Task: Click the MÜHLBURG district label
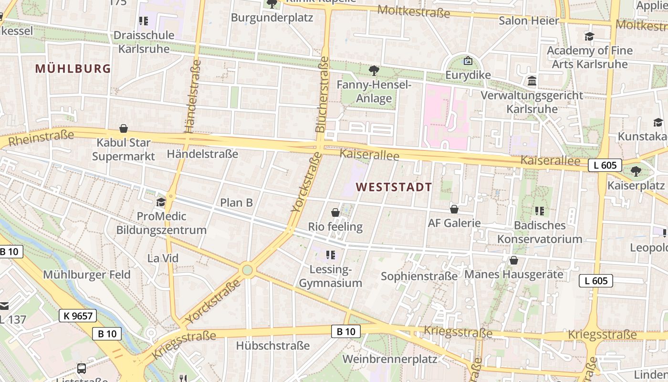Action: click(73, 69)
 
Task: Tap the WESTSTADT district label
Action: click(394, 187)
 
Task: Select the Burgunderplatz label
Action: click(272, 18)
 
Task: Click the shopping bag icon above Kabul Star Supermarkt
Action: click(124, 128)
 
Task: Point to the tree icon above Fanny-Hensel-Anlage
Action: click(374, 71)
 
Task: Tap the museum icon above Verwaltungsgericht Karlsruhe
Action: click(532, 81)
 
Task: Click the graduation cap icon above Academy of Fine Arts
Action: click(590, 36)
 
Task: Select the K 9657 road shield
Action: click(78, 315)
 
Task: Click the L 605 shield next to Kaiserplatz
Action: click(605, 165)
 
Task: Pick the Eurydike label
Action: click(468, 75)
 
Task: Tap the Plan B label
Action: click(236, 202)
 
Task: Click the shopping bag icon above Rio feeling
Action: click(335, 212)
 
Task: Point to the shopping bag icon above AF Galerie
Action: click(454, 209)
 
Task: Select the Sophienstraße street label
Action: click(419, 276)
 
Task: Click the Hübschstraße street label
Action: click(273, 345)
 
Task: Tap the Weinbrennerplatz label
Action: click(390, 359)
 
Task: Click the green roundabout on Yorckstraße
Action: click(247, 270)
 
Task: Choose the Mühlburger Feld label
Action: click(86, 275)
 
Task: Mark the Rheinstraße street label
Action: click(42, 138)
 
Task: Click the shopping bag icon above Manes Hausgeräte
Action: click(514, 260)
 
